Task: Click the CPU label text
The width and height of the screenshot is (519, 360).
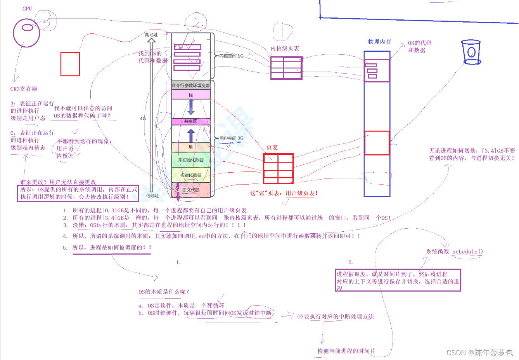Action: click(27, 9)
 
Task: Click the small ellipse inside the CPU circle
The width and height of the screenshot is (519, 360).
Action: click(27, 28)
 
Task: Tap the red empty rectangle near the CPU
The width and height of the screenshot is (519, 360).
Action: click(70, 64)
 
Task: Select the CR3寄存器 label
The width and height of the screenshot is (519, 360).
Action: click(24, 89)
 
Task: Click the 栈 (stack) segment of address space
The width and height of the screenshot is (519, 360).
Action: click(191, 95)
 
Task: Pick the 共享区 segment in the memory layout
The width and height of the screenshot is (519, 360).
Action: click(191, 121)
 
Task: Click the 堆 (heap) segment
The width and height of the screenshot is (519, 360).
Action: click(191, 147)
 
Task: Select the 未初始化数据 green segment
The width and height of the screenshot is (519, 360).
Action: click(191, 160)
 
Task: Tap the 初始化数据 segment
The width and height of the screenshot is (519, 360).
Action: click(191, 175)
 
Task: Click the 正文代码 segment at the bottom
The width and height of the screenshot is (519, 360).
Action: click(191, 190)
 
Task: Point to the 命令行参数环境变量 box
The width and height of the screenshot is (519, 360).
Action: click(191, 85)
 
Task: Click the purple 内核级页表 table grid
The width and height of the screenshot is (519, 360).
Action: click(286, 68)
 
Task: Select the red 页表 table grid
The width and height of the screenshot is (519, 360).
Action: click(278, 169)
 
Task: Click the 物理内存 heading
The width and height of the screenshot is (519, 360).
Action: click(379, 42)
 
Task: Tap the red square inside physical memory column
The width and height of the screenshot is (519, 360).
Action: click(377, 143)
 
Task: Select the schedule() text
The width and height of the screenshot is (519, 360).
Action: click(468, 252)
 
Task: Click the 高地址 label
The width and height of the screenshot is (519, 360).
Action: click(151, 35)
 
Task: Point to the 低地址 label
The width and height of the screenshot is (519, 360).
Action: click(152, 196)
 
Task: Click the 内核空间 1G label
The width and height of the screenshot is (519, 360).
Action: click(232, 56)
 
